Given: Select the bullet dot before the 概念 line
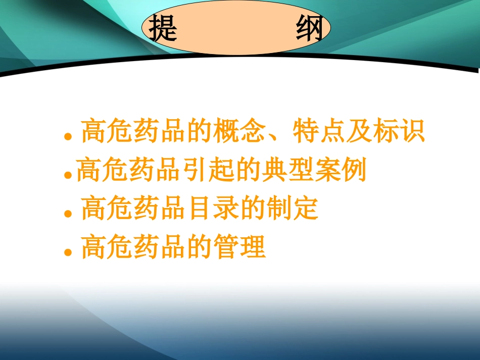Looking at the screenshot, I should click(x=67, y=137).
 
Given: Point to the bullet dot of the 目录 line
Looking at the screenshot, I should click(x=67, y=213).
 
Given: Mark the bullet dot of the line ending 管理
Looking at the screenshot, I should click(x=67, y=251).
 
